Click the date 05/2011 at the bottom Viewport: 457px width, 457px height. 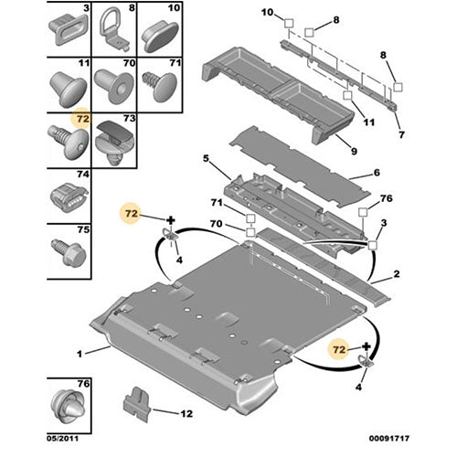(63, 439)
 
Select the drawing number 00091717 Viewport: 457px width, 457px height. (389, 439)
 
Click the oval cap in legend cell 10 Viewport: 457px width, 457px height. (159, 37)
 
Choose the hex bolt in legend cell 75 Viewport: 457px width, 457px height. (69, 251)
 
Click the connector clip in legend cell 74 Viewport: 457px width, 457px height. (69, 197)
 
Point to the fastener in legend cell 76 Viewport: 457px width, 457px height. (68, 406)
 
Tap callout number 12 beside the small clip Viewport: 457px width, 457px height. (186, 414)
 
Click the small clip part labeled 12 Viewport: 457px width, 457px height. (136, 405)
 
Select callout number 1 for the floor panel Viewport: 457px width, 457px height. (80, 354)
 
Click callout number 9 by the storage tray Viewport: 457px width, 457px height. (354, 151)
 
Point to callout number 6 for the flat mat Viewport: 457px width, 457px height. (377, 173)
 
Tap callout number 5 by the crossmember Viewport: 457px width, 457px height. (207, 159)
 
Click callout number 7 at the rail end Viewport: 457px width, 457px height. (401, 134)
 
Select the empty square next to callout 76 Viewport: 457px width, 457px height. (363, 212)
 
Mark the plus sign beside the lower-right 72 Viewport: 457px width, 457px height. (367, 346)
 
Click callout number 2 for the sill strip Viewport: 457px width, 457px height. (397, 274)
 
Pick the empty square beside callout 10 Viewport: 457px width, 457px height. (289, 23)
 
